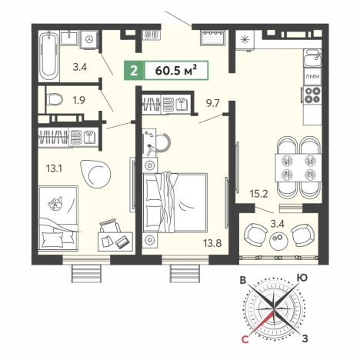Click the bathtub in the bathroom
coord(49,56)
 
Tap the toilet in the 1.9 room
coord(54,100)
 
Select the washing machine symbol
coord(89,39)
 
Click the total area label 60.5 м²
coord(176,71)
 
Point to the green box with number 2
coord(134,71)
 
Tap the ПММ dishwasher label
coord(313,76)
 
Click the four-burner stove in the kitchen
coord(312,95)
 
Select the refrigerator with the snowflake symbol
coord(245,40)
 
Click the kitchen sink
coord(312,58)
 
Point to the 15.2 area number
coord(259,194)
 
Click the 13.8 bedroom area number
coord(212,242)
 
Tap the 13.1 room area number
coord(55,168)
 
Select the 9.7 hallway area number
coord(213,104)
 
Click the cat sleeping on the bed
coord(55,204)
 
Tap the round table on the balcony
coord(279,241)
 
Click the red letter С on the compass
coord(245,339)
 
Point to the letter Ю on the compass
coord(302,278)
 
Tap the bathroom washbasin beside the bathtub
coord(69,38)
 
